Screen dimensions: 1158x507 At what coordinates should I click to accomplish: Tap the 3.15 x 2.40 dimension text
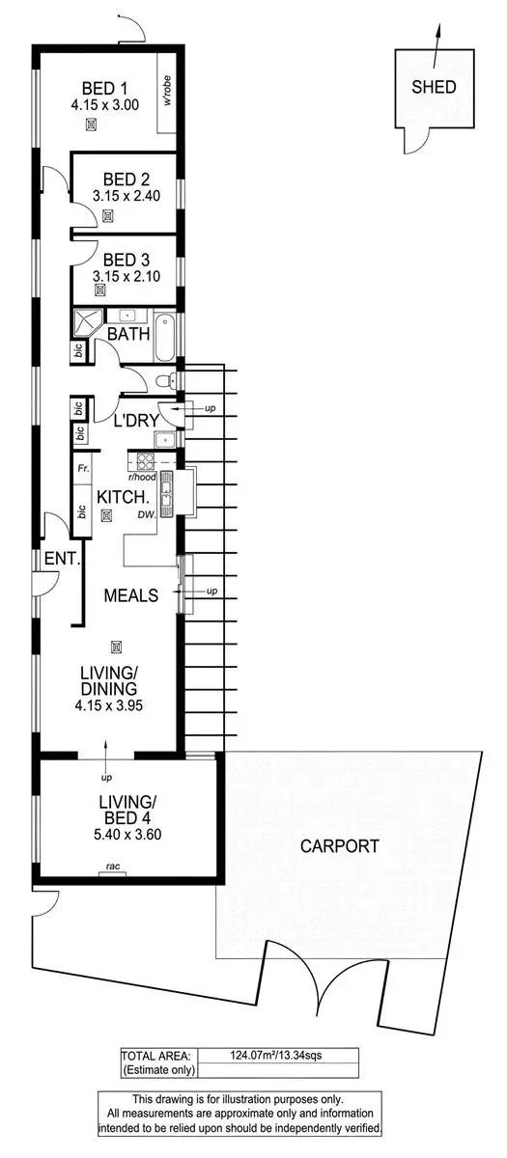point(125,196)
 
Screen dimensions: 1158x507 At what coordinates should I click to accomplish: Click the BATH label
point(127,334)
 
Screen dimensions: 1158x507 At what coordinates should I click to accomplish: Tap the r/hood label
point(141,476)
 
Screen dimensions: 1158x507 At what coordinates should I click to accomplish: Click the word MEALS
point(131,595)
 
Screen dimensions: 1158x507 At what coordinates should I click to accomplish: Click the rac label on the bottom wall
point(113,868)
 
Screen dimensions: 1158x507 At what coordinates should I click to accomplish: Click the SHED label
point(434,87)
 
